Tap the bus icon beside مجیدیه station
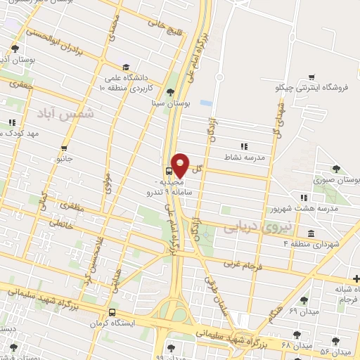pos(169,171)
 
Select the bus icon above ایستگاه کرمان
pos(112,313)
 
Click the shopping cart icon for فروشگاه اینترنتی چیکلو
pos(311,77)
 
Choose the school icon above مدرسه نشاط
pos(243,146)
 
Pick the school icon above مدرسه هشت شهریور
pos(303,198)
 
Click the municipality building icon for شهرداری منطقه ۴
pos(311,233)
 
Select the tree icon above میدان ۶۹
pos(304,300)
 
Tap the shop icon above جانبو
pos(65,148)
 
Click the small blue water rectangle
pos(205,103)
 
